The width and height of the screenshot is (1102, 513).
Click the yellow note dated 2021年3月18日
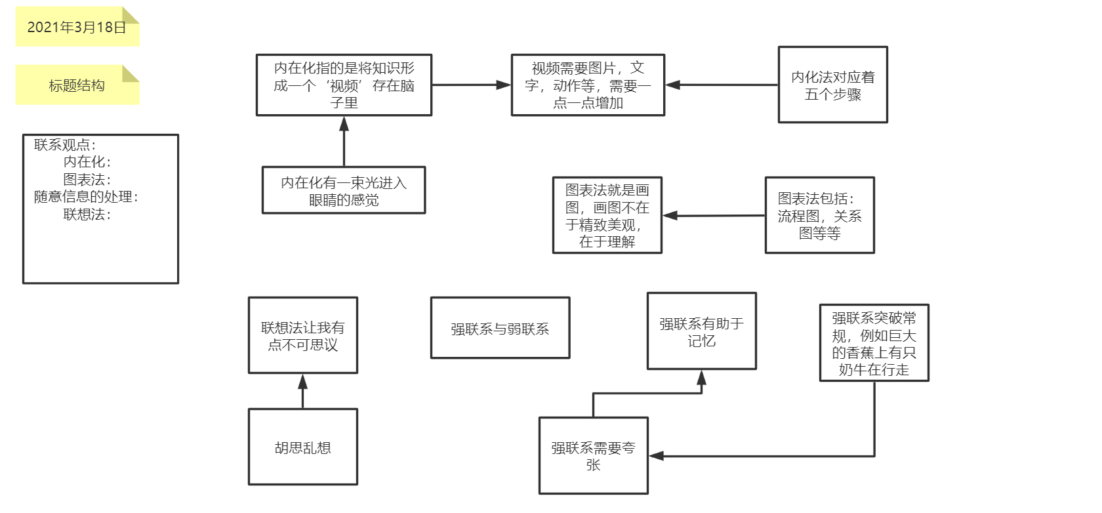click(77, 28)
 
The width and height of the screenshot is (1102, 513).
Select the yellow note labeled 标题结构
click(77, 85)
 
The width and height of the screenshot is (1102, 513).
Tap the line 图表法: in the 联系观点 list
click(87, 179)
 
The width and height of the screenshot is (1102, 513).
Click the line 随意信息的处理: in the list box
click(86, 197)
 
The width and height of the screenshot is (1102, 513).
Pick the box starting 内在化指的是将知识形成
click(344, 85)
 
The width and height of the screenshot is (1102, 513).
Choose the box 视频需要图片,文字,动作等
click(588, 85)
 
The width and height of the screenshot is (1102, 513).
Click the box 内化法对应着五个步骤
click(832, 85)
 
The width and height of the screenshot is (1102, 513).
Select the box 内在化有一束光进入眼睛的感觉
click(344, 191)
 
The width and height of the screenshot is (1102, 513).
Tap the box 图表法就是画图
click(607, 215)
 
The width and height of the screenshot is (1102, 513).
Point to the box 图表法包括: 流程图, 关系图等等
click(819, 215)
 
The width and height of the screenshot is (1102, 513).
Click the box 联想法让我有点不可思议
click(302, 336)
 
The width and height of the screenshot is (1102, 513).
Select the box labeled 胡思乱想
click(302, 447)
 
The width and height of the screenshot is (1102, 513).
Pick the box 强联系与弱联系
click(500, 329)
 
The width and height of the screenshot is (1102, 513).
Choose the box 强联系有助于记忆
click(701, 332)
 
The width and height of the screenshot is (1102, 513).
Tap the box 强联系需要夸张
click(593, 456)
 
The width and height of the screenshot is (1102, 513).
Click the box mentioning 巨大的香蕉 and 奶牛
click(874, 343)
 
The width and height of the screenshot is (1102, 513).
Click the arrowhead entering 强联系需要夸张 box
click(655, 456)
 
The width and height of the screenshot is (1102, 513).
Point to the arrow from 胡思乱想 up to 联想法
click(302, 392)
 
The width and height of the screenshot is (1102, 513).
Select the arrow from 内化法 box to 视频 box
click(722, 85)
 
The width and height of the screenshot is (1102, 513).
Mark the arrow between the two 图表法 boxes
click(714, 215)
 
